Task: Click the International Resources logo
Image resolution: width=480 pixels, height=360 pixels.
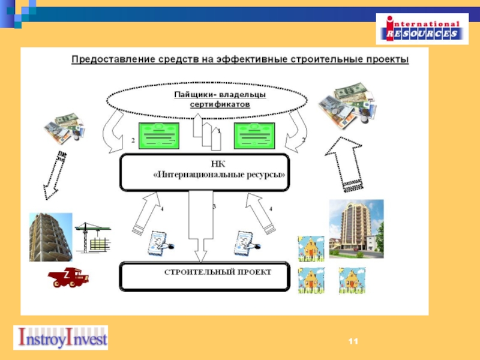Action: point(422,28)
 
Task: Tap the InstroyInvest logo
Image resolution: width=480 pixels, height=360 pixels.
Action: point(61,338)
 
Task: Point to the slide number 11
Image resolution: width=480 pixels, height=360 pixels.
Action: point(353,341)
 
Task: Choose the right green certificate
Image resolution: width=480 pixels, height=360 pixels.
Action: point(254,135)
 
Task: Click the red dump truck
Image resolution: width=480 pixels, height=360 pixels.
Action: point(68,277)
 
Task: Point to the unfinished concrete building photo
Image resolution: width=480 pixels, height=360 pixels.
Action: point(50,237)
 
